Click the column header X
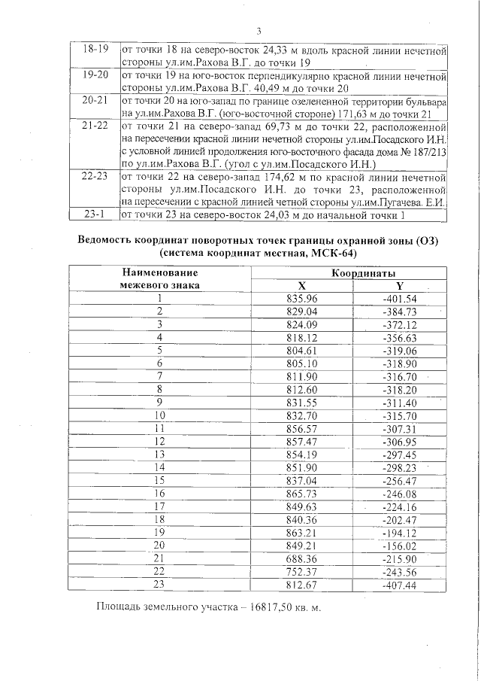(x=301, y=285)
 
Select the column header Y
(x=400, y=285)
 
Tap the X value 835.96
(x=301, y=299)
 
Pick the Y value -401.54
(x=400, y=299)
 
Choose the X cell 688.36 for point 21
(x=301, y=558)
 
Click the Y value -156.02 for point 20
(x=400, y=545)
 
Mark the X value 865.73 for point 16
(x=301, y=493)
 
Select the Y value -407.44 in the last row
(x=400, y=584)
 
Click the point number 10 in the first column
(x=159, y=415)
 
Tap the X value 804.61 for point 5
(x=301, y=351)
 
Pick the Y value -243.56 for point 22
(x=400, y=571)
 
